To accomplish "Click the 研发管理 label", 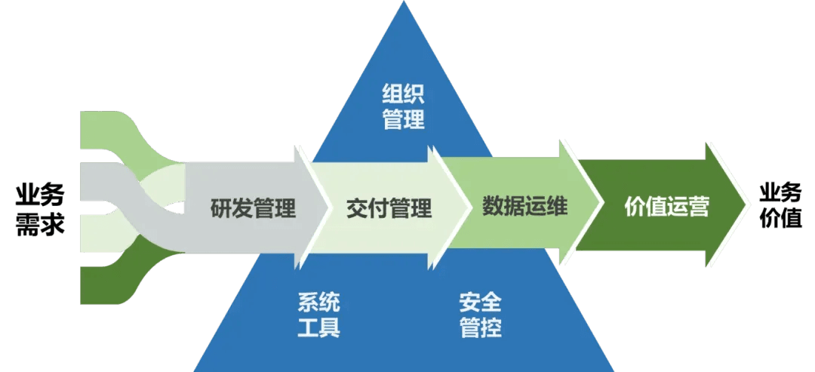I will tap(253, 208).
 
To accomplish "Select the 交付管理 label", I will tap(389, 208).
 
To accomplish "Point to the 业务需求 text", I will tap(40, 209).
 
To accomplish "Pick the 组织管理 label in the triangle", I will tap(404, 106).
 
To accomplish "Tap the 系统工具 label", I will tap(318, 315).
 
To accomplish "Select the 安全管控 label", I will tap(480, 315).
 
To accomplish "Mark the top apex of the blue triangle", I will tap(404, 3).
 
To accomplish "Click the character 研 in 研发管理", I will tap(220, 208).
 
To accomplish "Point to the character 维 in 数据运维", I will tap(556, 205).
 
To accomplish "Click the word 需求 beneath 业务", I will tap(40, 224).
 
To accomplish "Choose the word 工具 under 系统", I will tap(318, 328).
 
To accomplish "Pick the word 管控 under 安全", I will tap(480, 328).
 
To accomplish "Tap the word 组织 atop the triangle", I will tap(404, 94).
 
